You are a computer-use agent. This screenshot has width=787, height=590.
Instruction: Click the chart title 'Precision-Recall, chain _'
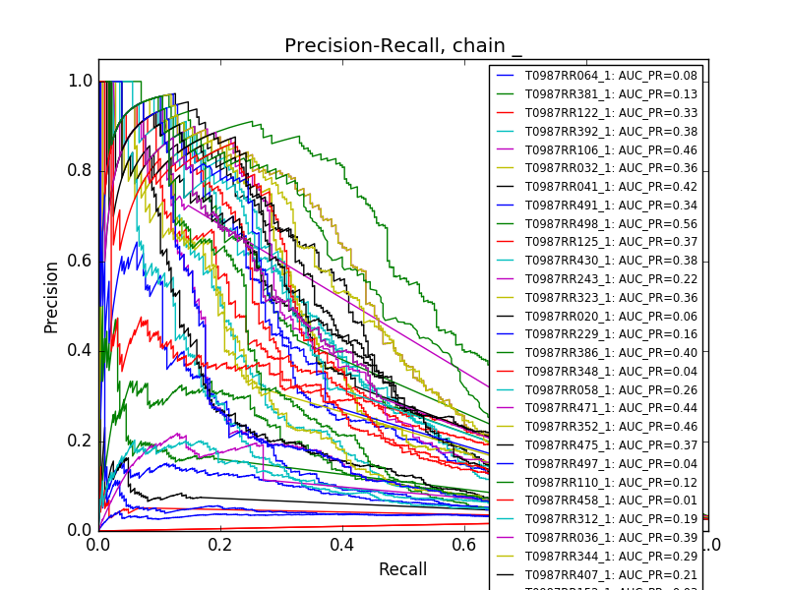(x=403, y=46)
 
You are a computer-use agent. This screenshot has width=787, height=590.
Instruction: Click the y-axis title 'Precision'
(x=51, y=297)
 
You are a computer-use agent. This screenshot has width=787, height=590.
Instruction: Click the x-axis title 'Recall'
(x=403, y=569)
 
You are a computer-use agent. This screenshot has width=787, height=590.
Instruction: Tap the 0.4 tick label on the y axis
(x=80, y=351)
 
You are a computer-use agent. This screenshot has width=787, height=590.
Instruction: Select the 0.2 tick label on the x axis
(x=220, y=544)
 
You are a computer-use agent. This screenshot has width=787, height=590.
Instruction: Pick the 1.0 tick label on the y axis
(x=80, y=82)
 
